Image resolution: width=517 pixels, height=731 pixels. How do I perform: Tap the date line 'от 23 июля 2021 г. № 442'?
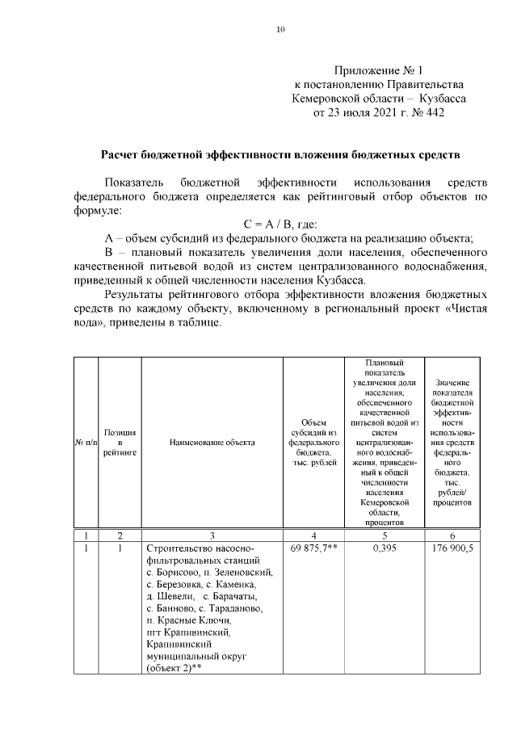coord(378,112)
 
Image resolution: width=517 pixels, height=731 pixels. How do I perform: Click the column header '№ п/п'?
coord(86,442)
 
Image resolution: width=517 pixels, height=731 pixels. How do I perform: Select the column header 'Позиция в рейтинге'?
coord(120,442)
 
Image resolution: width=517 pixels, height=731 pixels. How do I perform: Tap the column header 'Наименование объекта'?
coord(212,442)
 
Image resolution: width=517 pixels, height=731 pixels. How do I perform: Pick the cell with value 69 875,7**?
coord(313,548)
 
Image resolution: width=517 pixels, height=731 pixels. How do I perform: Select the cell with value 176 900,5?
coord(453,548)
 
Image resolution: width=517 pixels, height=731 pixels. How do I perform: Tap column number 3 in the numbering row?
coord(212,535)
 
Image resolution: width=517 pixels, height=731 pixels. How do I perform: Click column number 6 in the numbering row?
coord(453,535)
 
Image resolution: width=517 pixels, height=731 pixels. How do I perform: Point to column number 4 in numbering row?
coord(313,535)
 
